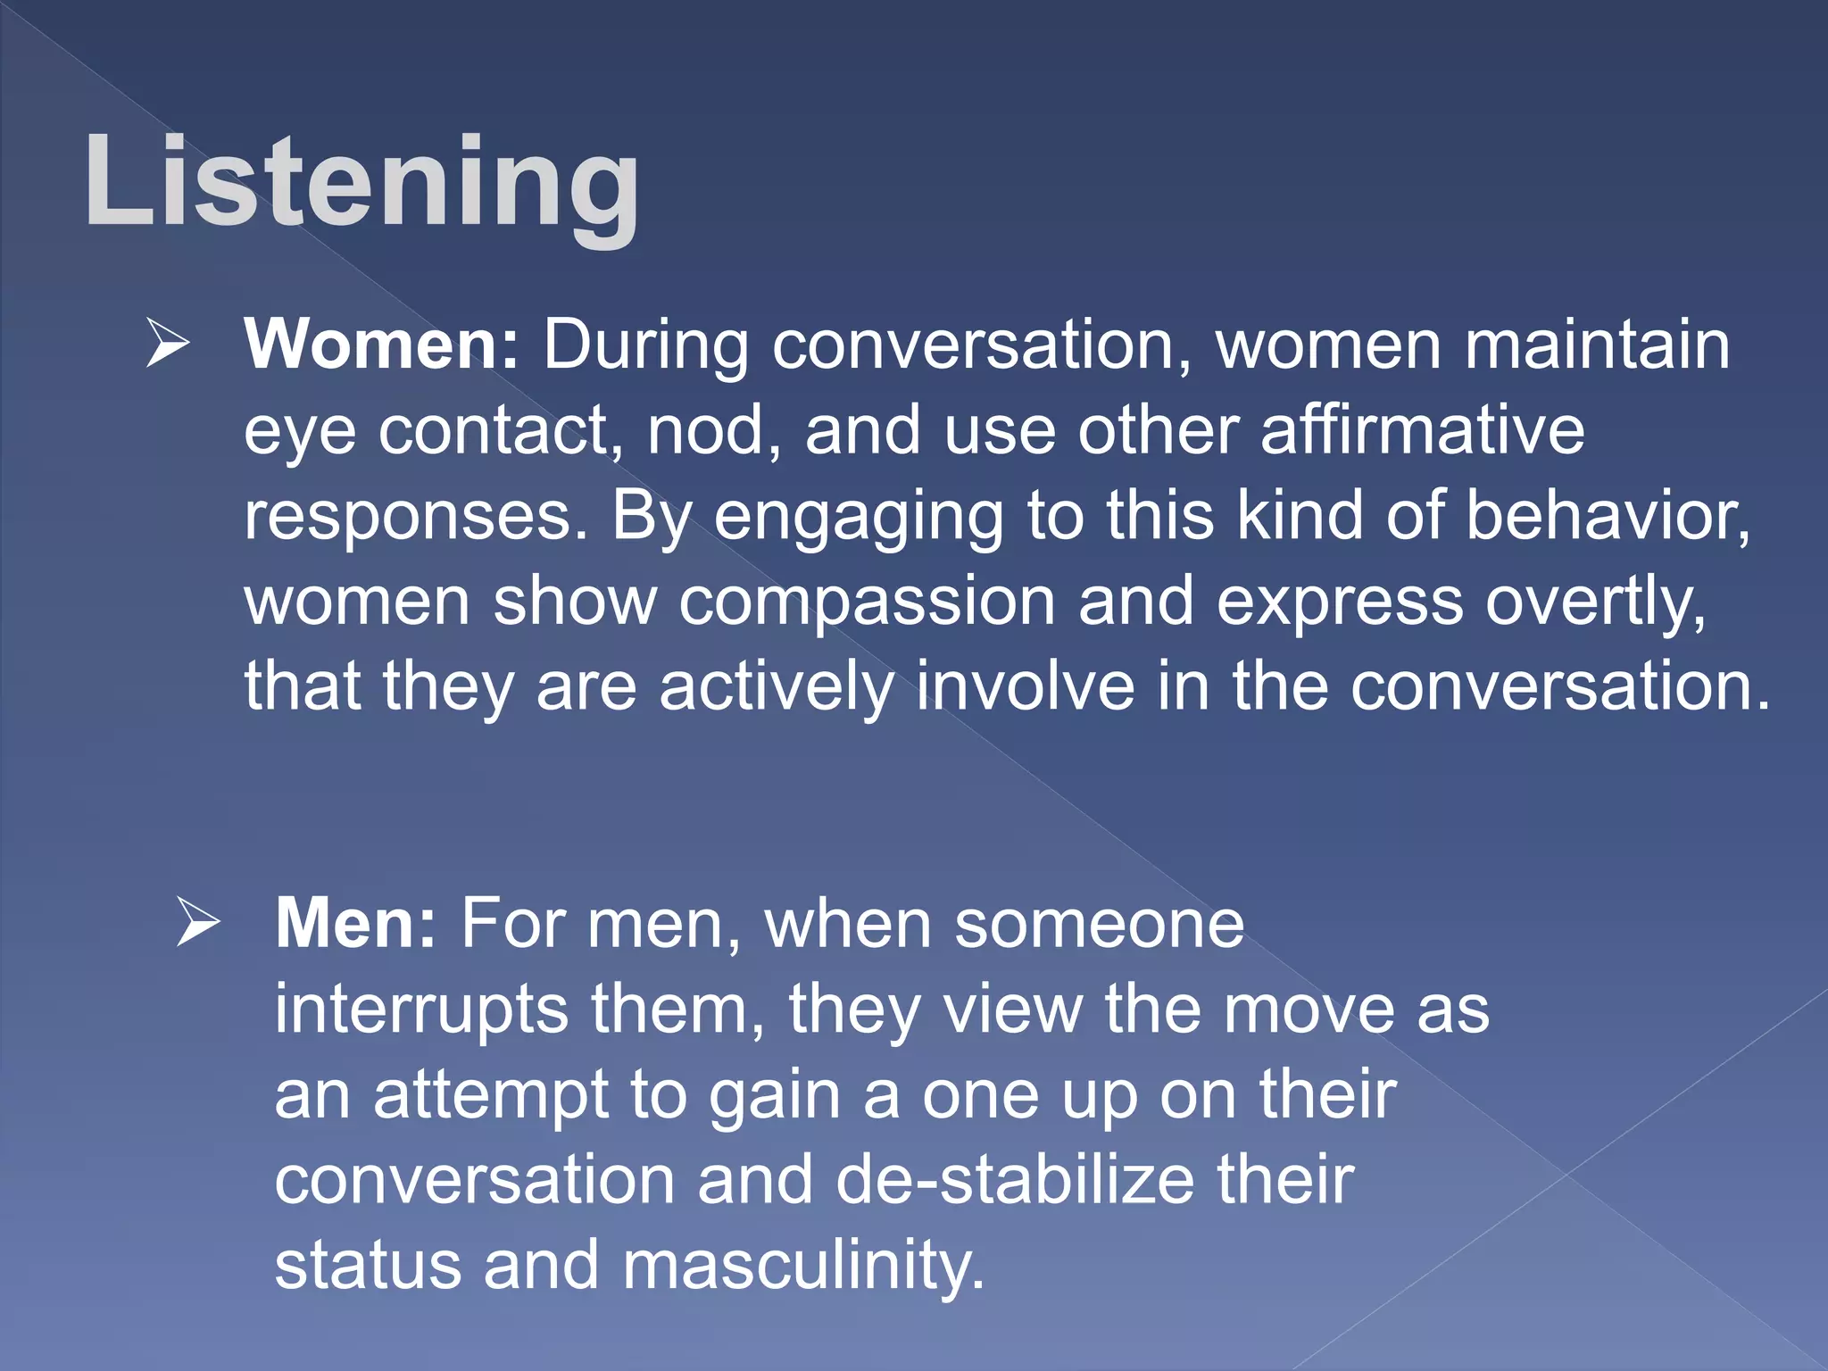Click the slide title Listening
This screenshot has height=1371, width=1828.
point(361,183)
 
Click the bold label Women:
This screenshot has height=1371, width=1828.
point(381,345)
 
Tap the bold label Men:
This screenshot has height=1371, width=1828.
point(355,924)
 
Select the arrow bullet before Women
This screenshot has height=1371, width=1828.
point(168,345)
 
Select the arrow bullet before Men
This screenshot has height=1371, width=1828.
point(198,924)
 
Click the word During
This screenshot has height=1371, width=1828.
point(645,345)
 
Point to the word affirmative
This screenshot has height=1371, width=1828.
point(1422,430)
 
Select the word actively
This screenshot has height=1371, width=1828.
point(777,687)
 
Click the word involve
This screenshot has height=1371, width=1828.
point(1026,687)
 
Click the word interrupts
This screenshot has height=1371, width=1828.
point(421,1010)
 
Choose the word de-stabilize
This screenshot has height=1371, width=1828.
point(1014,1180)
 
